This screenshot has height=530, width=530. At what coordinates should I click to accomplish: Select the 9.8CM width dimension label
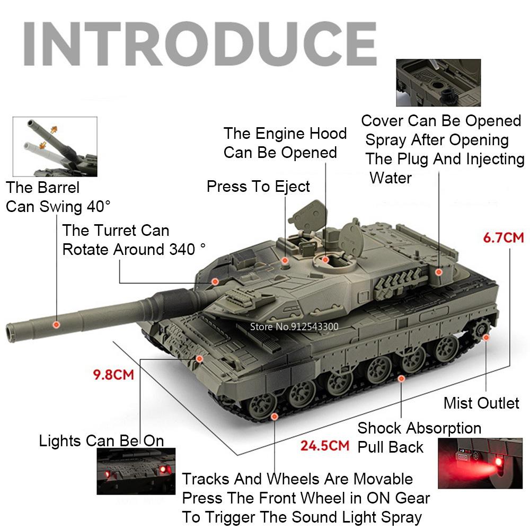[113, 375]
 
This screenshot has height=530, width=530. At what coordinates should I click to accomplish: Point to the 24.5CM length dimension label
[324, 445]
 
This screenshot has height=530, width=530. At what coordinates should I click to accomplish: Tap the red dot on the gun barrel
[57, 323]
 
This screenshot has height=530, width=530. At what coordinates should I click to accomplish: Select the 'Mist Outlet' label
[481, 403]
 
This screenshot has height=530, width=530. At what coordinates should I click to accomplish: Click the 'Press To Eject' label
[258, 187]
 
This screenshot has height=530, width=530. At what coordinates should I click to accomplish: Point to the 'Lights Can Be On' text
[101, 440]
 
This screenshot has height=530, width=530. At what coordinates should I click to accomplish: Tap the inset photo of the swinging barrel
[55, 147]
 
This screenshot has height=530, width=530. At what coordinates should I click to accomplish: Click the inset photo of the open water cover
[438, 83]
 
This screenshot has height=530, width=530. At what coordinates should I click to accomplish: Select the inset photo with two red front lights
[136, 473]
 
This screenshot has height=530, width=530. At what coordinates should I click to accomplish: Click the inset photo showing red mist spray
[476, 463]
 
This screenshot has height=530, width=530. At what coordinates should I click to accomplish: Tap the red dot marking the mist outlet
[486, 337]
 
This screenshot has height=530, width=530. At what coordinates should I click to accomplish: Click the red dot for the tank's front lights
[199, 359]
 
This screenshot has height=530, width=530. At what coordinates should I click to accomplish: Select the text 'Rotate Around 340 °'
[134, 249]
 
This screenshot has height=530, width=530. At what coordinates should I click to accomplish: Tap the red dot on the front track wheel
[275, 417]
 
